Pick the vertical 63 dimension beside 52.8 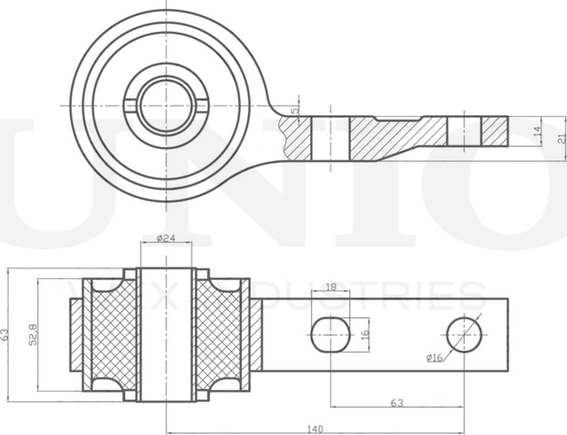coord(6,335)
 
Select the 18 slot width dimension coord(330,287)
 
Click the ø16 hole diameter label coord(434,357)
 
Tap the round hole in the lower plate coord(464,334)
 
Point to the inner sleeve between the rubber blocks coord(164,334)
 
